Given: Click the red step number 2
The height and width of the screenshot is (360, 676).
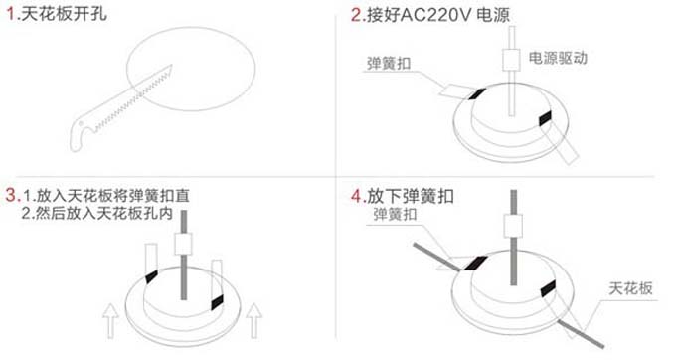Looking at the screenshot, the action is pos(357,15).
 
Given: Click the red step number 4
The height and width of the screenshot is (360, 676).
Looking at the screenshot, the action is pos(357,196).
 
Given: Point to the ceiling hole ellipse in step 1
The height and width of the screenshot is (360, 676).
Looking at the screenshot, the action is pos(191,29).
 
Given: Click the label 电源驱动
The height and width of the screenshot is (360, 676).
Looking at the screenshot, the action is pos(558,58).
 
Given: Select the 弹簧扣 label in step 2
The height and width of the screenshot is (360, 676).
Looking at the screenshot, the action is pos(389,64).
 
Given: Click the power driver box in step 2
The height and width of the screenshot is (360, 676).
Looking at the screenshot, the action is pos(512,60).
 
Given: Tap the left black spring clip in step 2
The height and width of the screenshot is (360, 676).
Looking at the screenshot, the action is pos(477,93).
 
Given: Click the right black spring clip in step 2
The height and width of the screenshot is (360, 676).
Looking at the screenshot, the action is pos(546,118).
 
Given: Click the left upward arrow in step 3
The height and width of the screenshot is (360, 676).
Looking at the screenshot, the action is pos(110,321).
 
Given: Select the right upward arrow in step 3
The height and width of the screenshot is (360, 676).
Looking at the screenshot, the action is pos(253,321).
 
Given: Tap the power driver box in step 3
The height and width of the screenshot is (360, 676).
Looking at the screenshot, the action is pos(183,244).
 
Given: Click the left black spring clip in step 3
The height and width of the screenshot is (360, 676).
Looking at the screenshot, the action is pos(151,276).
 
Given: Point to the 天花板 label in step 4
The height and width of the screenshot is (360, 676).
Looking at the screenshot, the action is pos(630,288).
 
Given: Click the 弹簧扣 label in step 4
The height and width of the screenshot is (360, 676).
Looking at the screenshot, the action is pos(395,214).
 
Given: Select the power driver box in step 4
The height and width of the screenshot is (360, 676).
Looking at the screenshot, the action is pos(513,226).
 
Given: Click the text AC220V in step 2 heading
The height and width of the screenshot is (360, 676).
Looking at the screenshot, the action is pos(436,15).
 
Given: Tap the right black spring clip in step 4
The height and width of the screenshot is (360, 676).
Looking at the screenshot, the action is pos(548,288).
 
